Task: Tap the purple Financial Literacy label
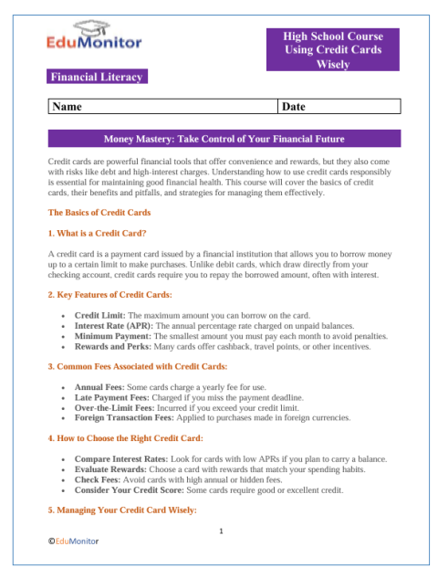99,77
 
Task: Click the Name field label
68,108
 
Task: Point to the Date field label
294,108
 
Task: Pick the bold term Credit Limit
99,315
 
